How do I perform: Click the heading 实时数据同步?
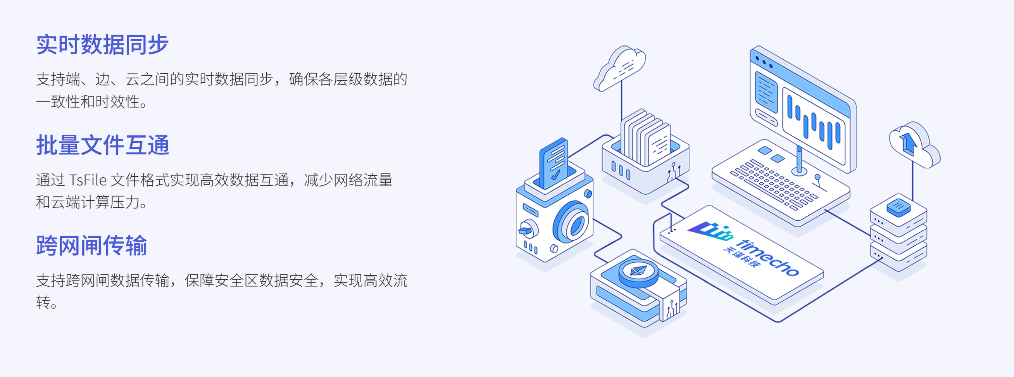pyautogui.click(x=102, y=45)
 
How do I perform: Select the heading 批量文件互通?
pyautogui.click(x=102, y=145)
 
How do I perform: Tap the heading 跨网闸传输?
pyautogui.click(x=91, y=246)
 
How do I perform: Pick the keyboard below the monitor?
pyautogui.click(x=774, y=185)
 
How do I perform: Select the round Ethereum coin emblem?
pyautogui.click(x=638, y=272)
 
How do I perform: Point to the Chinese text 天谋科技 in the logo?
pyautogui.click(x=740, y=257)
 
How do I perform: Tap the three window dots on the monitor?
pyautogui.click(x=764, y=62)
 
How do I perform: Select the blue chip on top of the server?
pyautogui.click(x=898, y=206)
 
